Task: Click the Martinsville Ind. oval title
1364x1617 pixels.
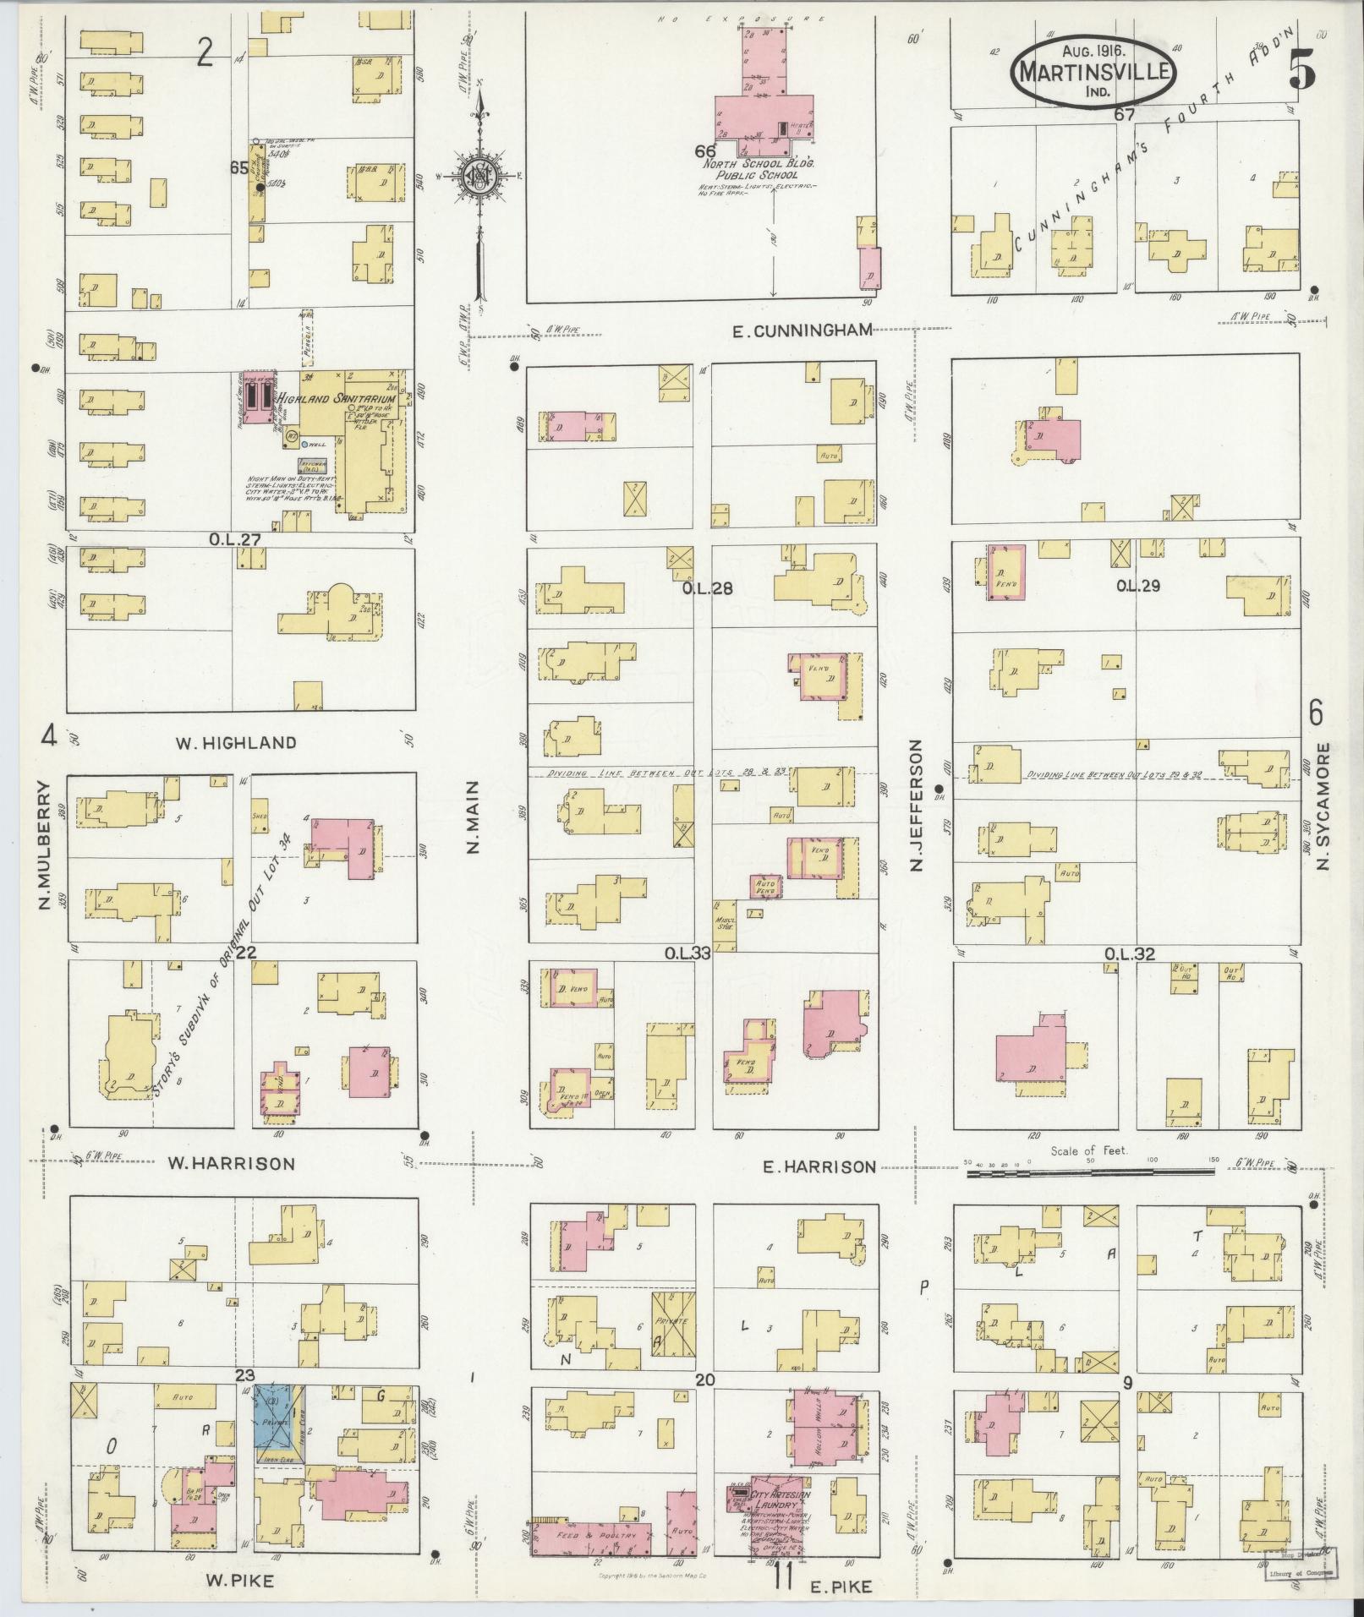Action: click(1093, 72)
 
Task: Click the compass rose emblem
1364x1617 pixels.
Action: click(479, 175)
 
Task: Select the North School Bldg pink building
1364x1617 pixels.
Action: click(764, 115)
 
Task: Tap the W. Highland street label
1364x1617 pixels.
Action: click(236, 743)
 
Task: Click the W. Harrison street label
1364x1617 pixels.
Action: click(231, 1163)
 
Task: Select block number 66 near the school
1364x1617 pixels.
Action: click(705, 151)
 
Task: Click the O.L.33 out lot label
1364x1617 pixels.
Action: click(686, 953)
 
